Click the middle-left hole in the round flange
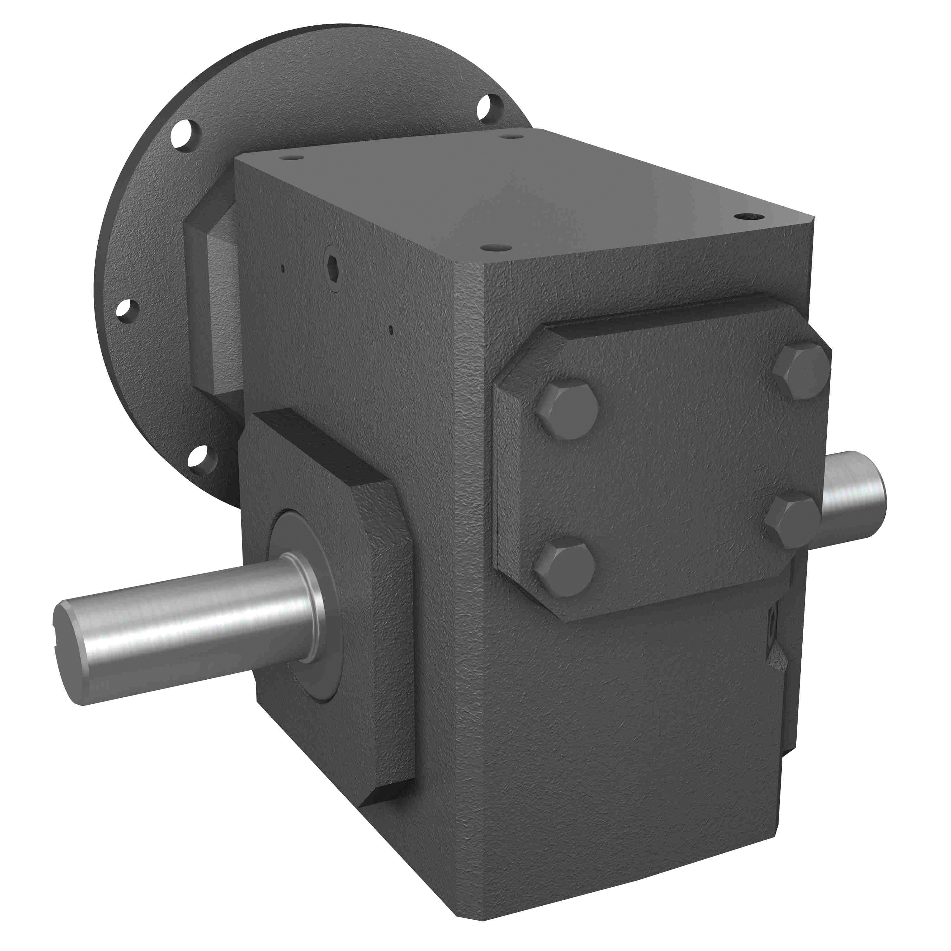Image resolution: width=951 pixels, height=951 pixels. [x=126, y=310]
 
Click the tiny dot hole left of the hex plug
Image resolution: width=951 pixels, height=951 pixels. [x=282, y=269]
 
